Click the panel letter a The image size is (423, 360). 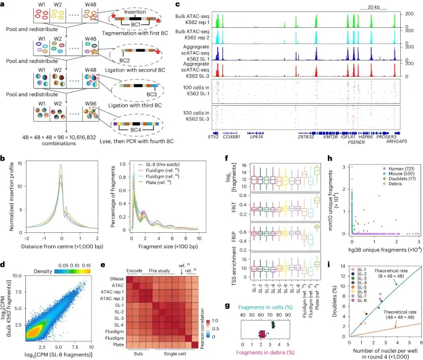4,5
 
